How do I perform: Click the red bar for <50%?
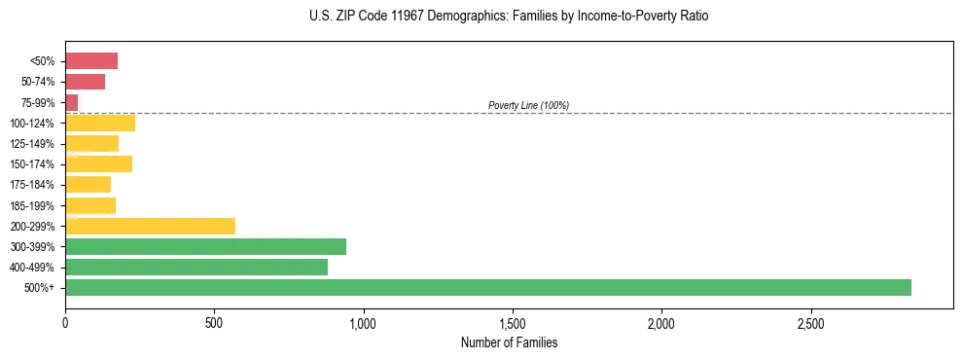click(91, 61)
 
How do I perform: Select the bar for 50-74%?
click(85, 82)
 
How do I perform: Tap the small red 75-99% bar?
click(71, 102)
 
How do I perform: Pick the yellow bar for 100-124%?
click(100, 123)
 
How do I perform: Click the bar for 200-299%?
click(151, 226)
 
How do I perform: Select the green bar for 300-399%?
click(205, 246)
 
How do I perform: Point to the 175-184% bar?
click(88, 185)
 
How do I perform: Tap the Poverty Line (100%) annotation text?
click(528, 105)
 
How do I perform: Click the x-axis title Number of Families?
click(509, 342)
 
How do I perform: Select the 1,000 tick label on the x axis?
click(363, 323)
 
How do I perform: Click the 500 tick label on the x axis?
click(214, 323)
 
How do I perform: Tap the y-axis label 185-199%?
click(32, 205)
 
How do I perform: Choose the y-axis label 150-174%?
click(32, 164)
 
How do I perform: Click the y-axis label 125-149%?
click(32, 144)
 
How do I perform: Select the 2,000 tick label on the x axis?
click(661, 323)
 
